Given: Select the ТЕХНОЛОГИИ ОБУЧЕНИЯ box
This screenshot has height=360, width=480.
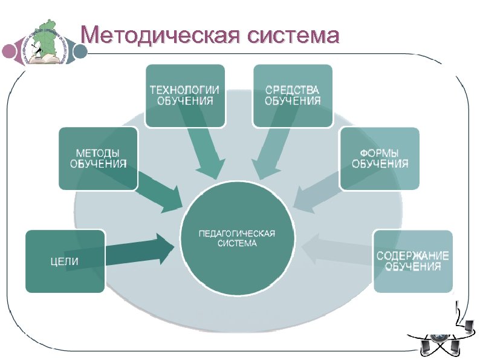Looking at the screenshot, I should click(185, 96).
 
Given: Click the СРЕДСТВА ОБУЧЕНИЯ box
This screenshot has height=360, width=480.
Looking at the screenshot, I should click(293, 96).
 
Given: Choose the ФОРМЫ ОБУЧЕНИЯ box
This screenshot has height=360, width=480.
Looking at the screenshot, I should click(380, 158).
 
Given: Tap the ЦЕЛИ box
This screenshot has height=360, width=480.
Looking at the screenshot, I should click(65, 261).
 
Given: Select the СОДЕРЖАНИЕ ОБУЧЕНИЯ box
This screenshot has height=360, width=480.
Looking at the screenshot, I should click(413, 261).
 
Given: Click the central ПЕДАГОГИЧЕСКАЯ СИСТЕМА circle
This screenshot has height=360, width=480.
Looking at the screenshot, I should click(238, 238).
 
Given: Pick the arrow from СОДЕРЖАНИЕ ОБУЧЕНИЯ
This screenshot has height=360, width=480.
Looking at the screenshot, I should click(336, 250).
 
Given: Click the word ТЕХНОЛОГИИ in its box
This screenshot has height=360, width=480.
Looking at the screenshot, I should click(185, 90).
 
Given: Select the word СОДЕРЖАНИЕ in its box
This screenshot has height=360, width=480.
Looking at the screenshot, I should click(413, 256).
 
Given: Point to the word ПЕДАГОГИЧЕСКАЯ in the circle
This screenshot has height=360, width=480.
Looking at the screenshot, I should click(238, 234).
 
